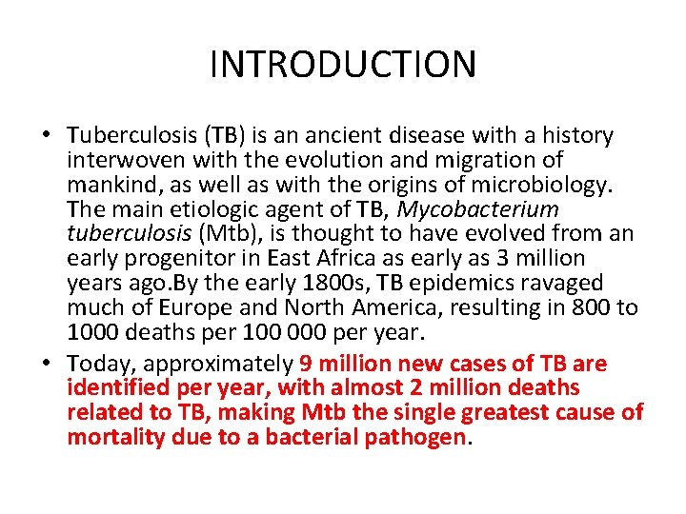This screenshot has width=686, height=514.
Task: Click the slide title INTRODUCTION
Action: click(x=343, y=65)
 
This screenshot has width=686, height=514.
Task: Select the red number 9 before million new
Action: click(x=305, y=364)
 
